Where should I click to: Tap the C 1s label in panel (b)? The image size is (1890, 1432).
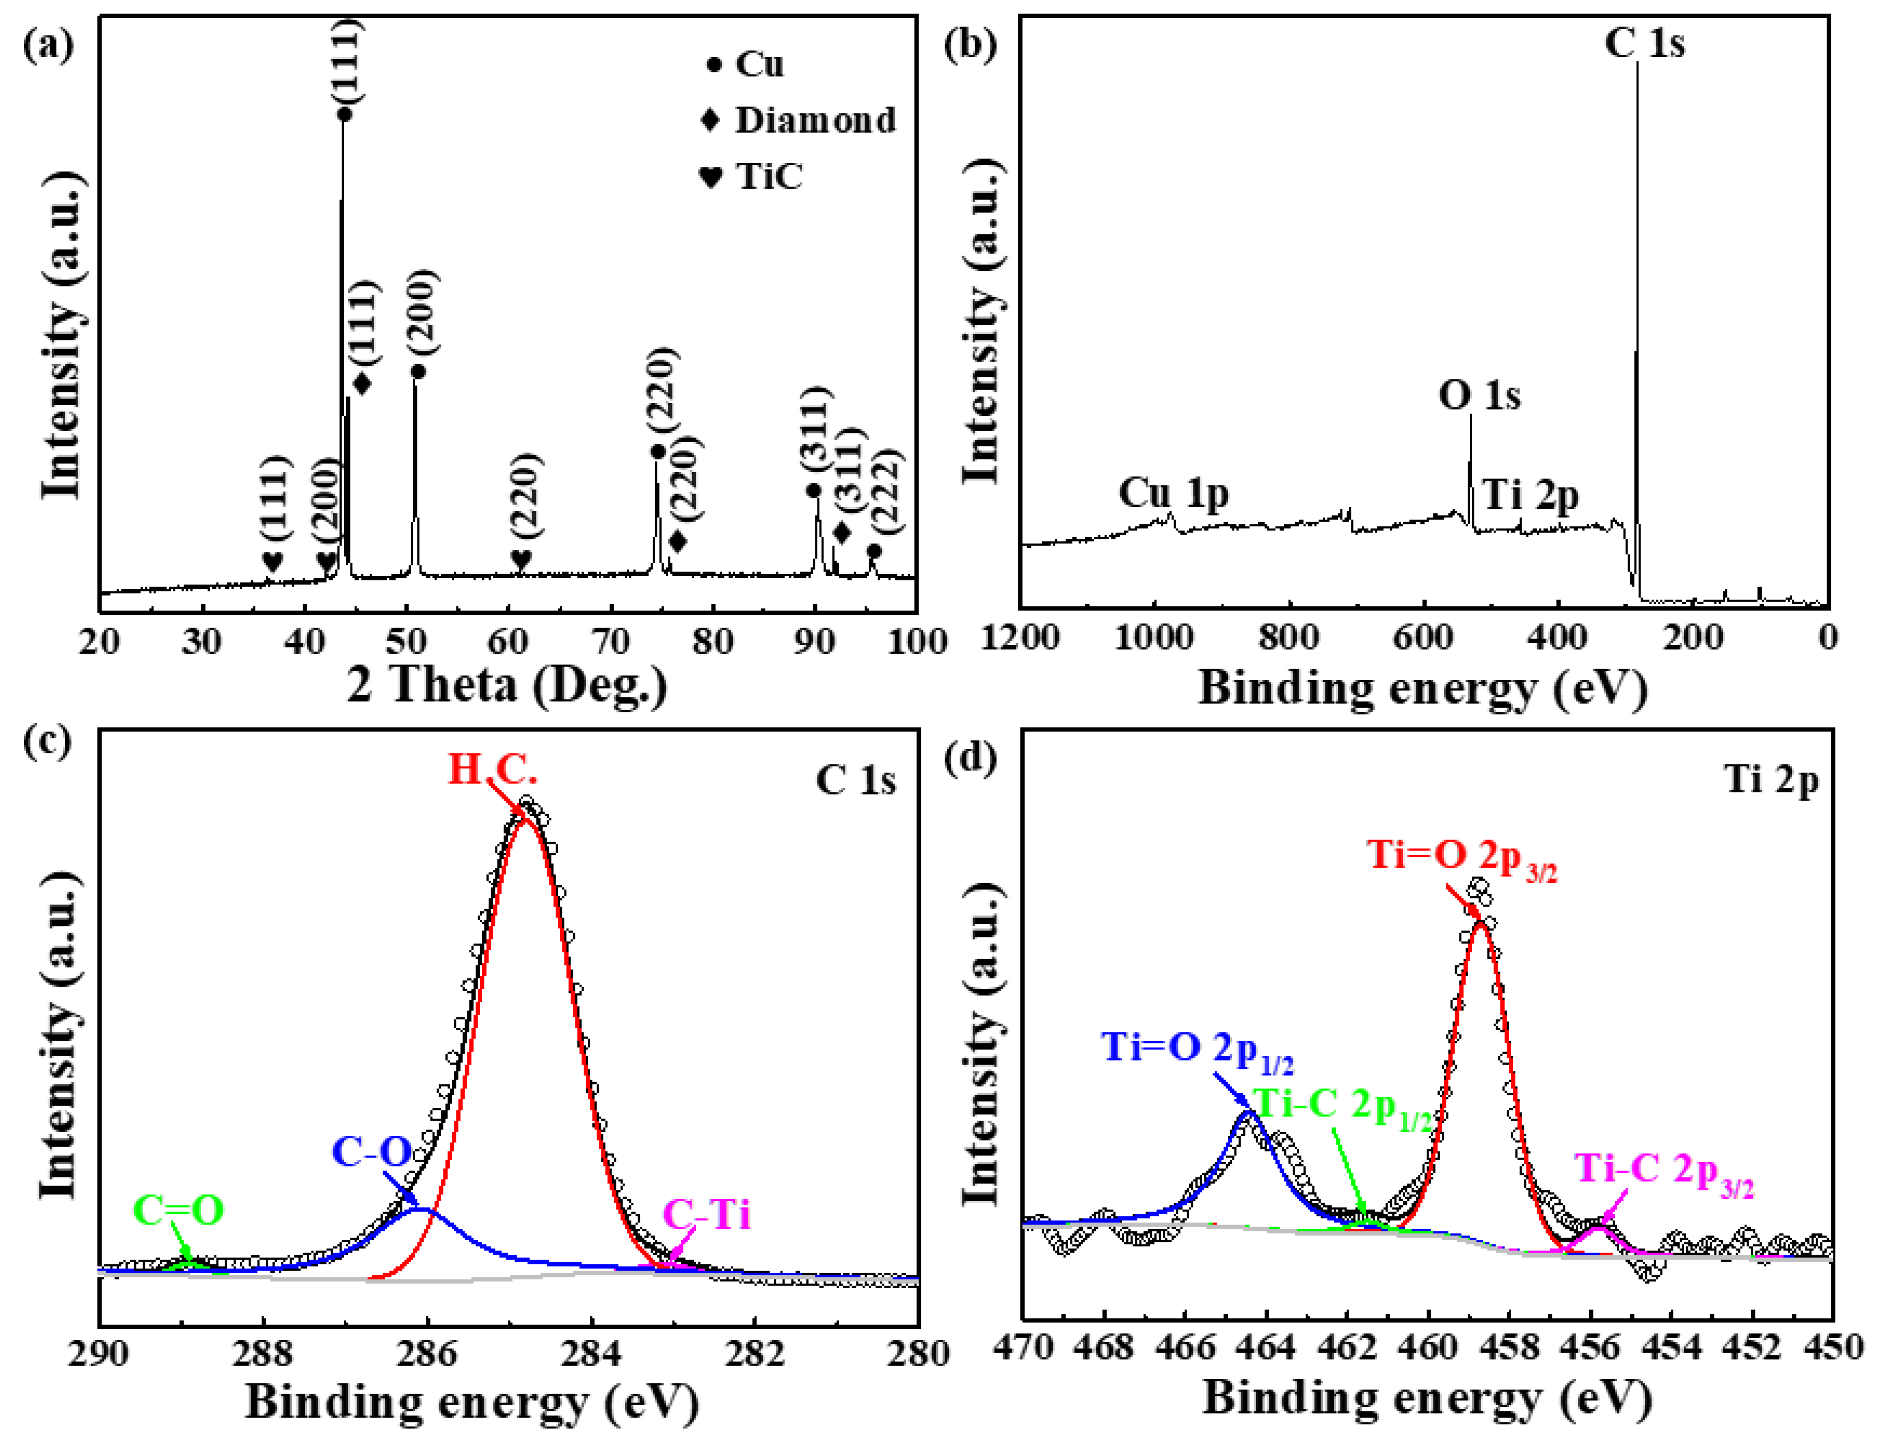(1644, 43)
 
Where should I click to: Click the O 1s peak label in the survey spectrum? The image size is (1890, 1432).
(1479, 396)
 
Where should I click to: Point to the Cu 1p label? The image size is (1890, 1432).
(1173, 494)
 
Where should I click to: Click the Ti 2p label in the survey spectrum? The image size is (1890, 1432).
(1530, 496)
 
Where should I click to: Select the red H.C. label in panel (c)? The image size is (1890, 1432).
(493, 770)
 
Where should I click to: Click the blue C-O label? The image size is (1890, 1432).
(372, 1153)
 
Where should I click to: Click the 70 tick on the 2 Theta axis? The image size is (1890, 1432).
(611, 641)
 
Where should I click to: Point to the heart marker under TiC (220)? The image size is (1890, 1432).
(521, 561)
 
